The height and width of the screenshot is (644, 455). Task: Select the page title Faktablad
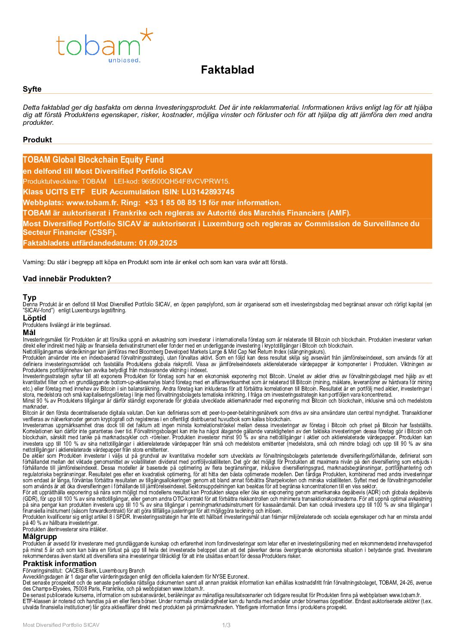227,70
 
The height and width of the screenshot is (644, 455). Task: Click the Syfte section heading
32,89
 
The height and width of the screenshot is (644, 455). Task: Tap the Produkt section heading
37,140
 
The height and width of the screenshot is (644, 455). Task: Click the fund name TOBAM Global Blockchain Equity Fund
93,160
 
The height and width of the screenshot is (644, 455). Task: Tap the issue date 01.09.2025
158,243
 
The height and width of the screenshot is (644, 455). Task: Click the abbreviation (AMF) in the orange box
338,213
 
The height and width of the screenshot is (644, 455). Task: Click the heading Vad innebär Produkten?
67,279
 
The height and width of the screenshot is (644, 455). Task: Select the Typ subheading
30,297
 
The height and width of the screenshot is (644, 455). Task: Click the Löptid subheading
34,318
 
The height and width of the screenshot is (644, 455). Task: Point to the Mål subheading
29,333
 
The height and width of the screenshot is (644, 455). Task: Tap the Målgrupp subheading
40,536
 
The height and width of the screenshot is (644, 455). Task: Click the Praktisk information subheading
60,564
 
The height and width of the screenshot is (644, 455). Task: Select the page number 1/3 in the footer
226,625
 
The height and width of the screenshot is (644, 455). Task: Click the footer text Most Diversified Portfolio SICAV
61,625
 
